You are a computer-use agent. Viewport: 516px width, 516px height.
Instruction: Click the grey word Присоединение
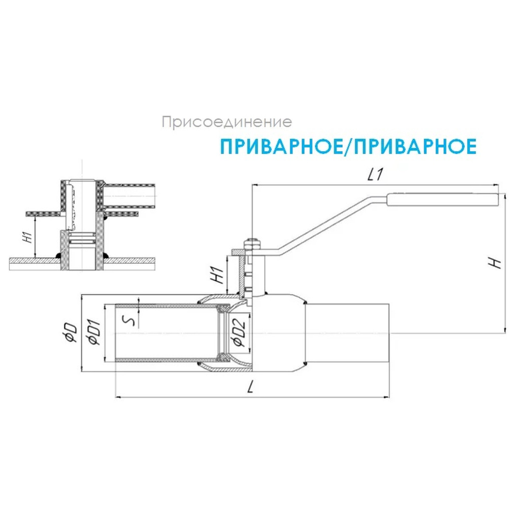(x=227, y=123)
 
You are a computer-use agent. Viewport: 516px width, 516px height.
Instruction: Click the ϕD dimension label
(x=72, y=333)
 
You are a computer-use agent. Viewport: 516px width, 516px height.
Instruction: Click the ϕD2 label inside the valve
(x=237, y=333)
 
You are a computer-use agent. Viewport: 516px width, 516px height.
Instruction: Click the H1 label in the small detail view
(x=28, y=237)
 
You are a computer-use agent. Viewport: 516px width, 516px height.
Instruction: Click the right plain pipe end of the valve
(x=348, y=333)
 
